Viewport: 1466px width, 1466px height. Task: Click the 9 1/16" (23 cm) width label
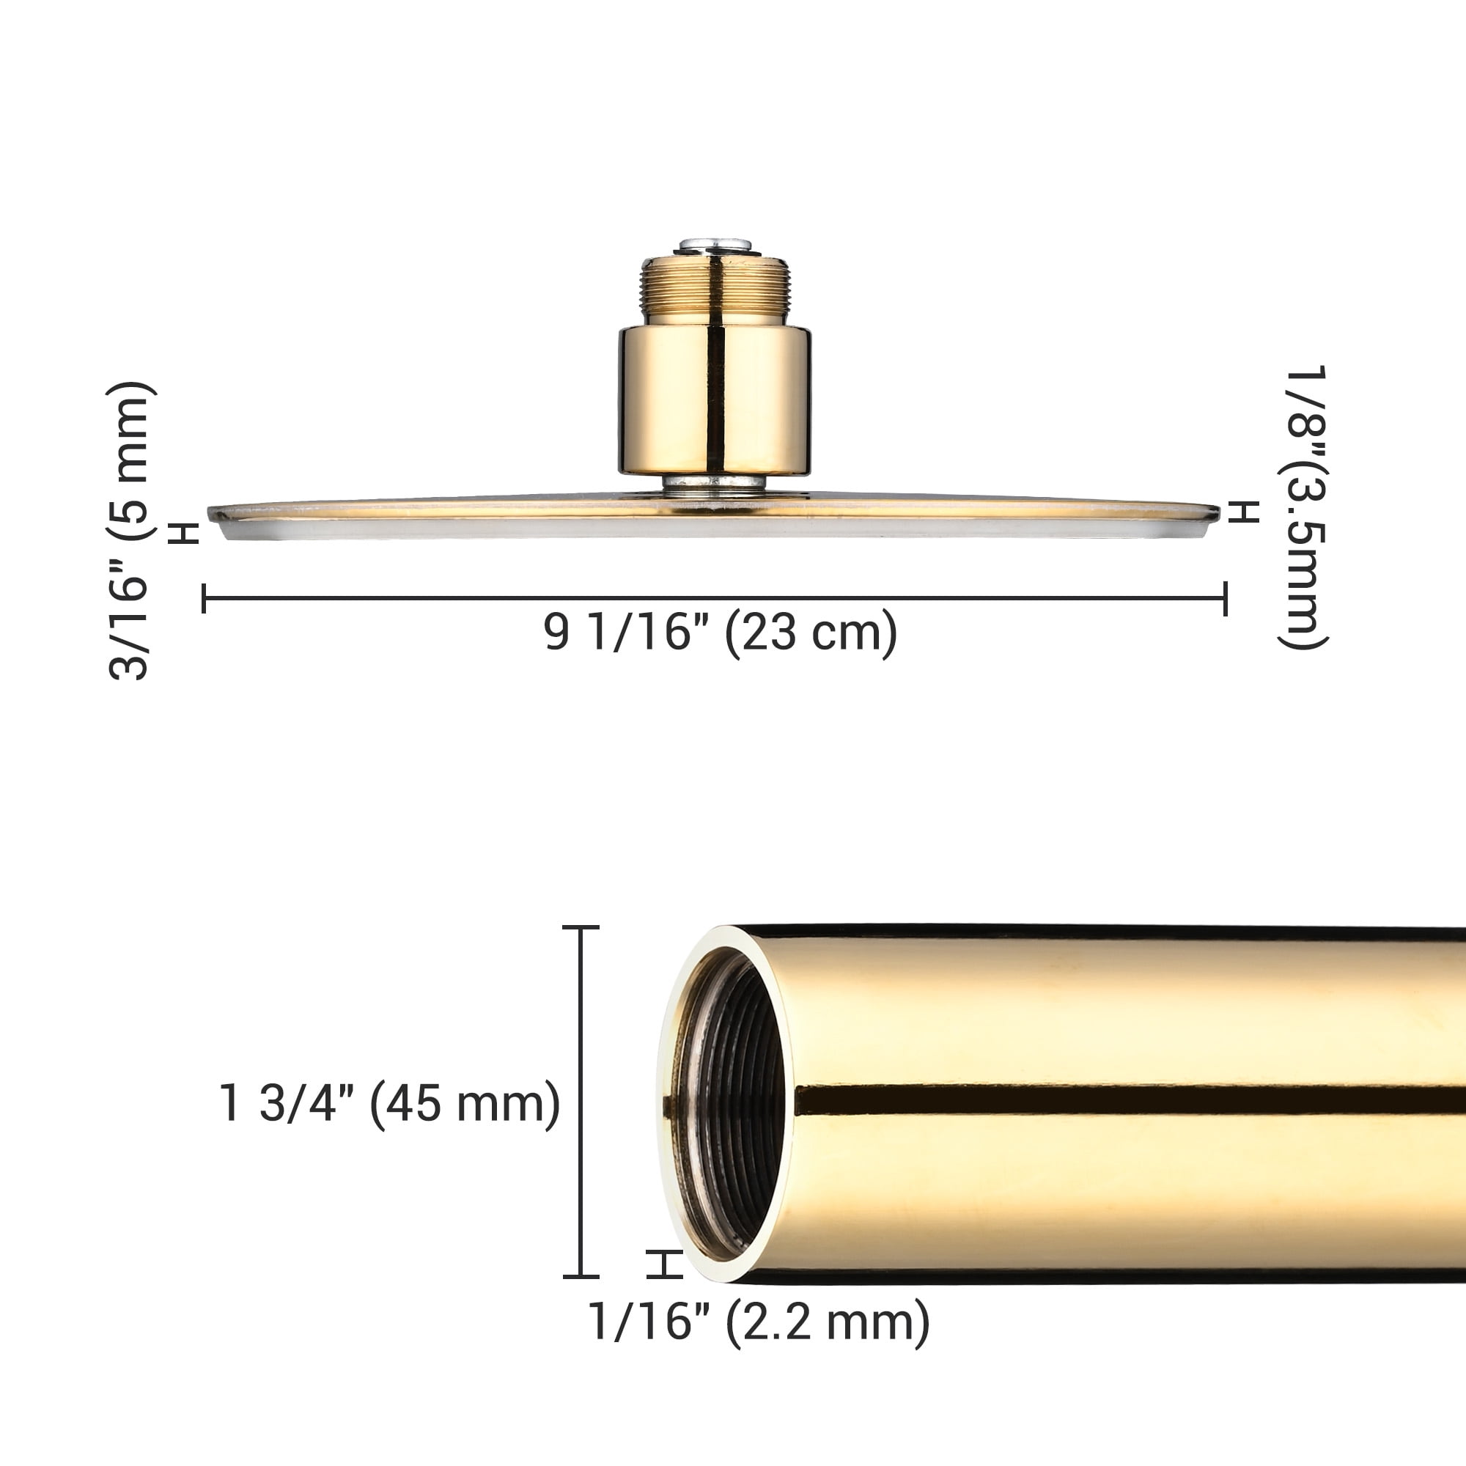720,633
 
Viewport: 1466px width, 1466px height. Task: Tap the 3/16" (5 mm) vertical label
130,531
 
